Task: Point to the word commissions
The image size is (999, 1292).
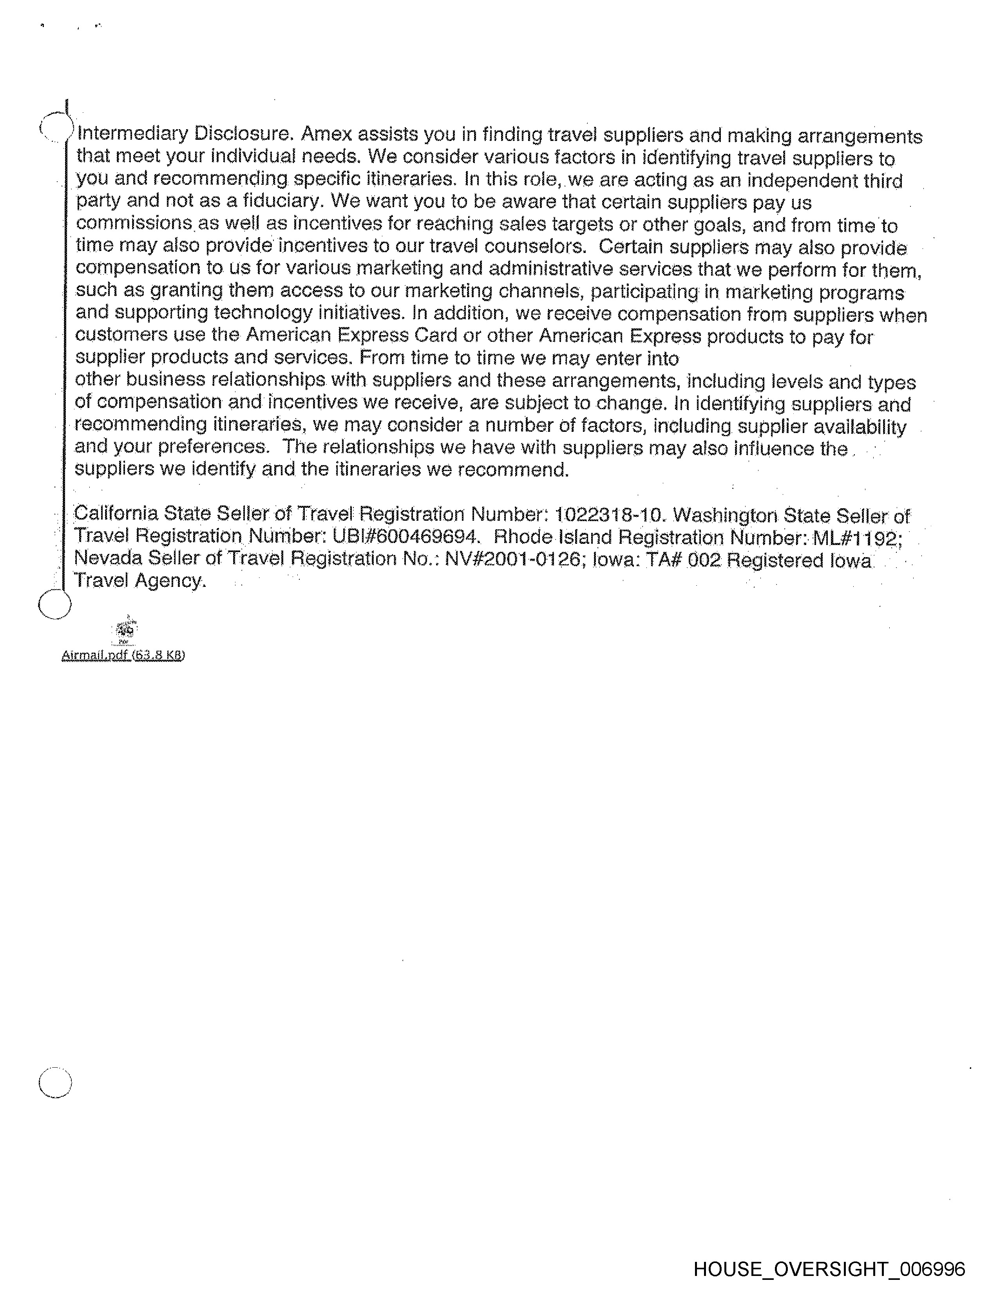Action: [134, 223]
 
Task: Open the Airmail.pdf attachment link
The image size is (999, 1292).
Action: [123, 655]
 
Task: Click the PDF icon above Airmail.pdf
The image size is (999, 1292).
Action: [125, 631]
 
